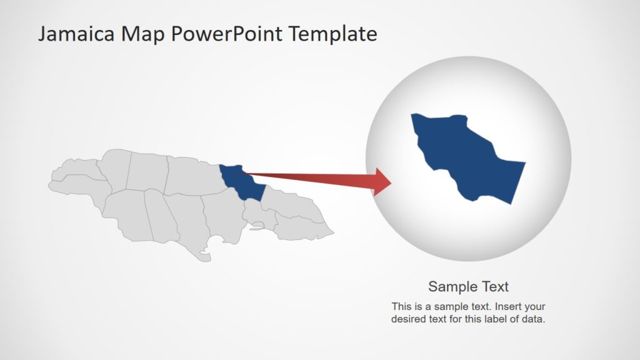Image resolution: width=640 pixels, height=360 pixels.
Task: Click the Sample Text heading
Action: coord(468,287)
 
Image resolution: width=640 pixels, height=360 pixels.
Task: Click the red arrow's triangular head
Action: coord(382,182)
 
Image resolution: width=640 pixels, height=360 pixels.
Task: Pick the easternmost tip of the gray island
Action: coord(332,235)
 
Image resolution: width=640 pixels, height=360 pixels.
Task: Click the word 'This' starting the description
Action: coord(401,307)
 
